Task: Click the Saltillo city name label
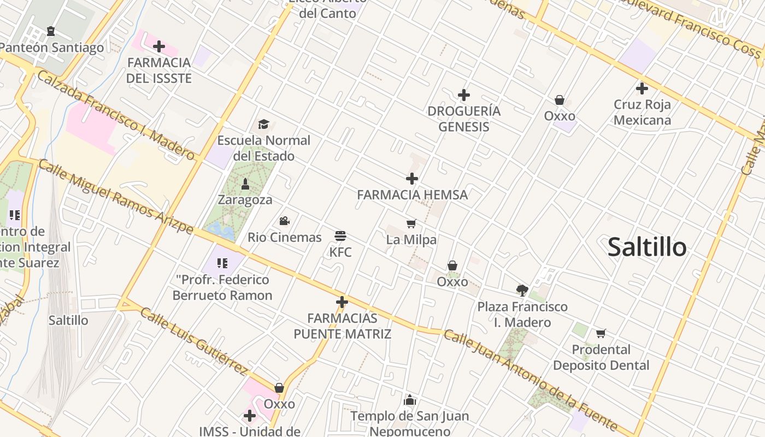[647, 247]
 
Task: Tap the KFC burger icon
[340, 236]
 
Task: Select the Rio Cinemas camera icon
[284, 221]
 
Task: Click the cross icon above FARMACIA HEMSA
[412, 179]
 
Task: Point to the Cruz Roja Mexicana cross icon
[642, 88]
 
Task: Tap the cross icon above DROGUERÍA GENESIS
[464, 95]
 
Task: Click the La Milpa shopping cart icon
[411, 223]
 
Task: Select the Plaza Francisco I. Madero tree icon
[522, 290]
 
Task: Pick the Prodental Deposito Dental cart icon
[601, 333]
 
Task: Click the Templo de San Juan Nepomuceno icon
[410, 400]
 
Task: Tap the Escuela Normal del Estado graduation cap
[264, 124]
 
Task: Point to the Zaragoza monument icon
[245, 184]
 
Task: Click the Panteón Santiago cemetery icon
[51, 31]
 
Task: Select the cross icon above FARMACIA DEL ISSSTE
[159, 46]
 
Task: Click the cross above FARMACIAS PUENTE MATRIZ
[342, 302]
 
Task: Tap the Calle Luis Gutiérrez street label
[194, 341]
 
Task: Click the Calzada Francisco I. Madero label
[116, 115]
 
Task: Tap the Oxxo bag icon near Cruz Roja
[560, 100]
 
